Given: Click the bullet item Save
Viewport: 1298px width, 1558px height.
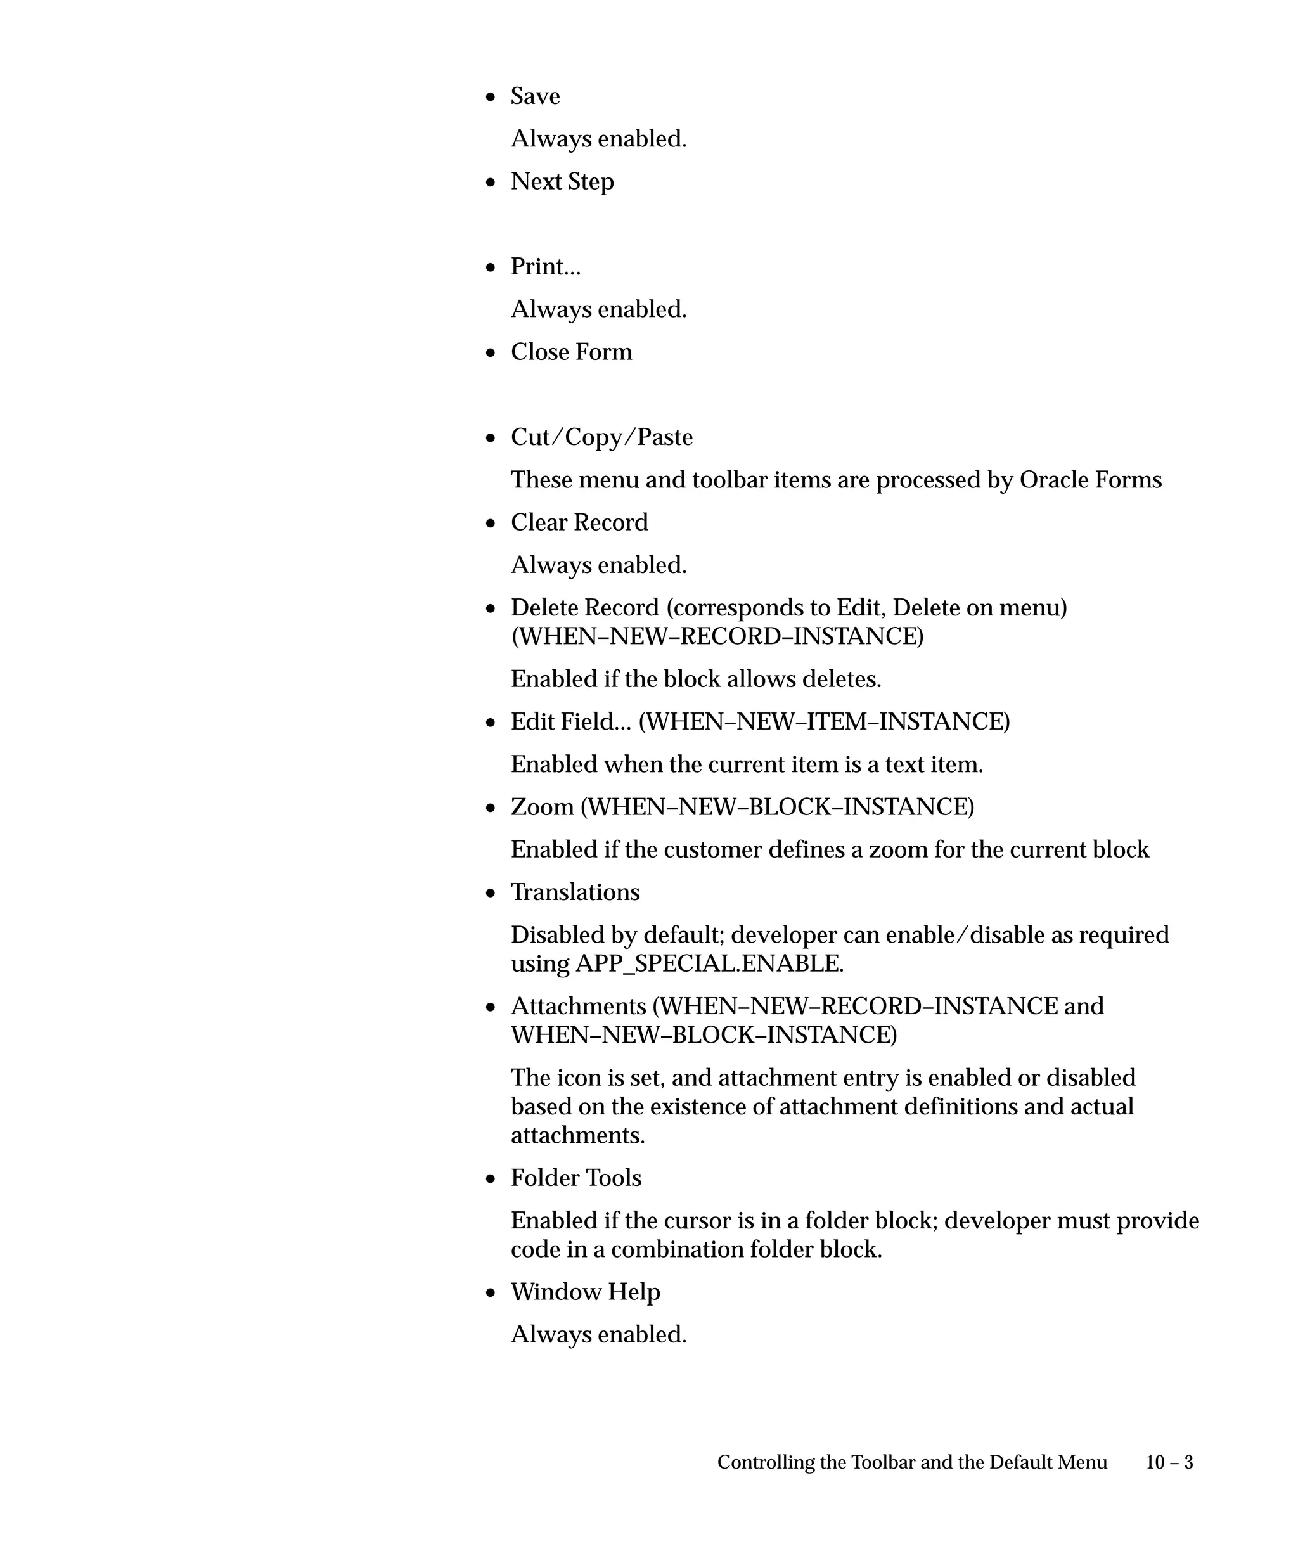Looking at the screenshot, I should [x=535, y=96].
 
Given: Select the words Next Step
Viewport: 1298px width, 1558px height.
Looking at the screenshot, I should [x=562, y=182].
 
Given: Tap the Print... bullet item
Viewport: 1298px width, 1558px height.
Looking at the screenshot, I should [x=545, y=267].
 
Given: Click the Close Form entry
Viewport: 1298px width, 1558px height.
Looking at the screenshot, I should [x=571, y=352].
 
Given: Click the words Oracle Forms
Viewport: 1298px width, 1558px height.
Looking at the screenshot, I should [x=1090, y=480].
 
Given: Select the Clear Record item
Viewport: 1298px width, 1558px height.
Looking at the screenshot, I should [x=579, y=523].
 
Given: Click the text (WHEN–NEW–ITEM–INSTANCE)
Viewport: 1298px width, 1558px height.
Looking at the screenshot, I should [x=824, y=722].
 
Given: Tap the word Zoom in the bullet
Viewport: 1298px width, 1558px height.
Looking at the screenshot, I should [x=542, y=807].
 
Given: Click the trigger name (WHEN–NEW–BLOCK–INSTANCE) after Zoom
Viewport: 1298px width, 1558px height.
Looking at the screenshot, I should [x=777, y=807].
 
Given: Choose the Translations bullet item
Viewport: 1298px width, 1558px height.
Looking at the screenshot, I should [x=575, y=892].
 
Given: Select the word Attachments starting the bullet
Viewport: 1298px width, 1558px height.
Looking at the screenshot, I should [x=579, y=1007].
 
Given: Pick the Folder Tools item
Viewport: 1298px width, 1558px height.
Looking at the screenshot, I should [x=575, y=1178].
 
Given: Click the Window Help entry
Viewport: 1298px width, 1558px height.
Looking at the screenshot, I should [x=585, y=1292].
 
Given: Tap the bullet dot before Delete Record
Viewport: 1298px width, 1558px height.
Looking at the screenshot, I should [x=491, y=609].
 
